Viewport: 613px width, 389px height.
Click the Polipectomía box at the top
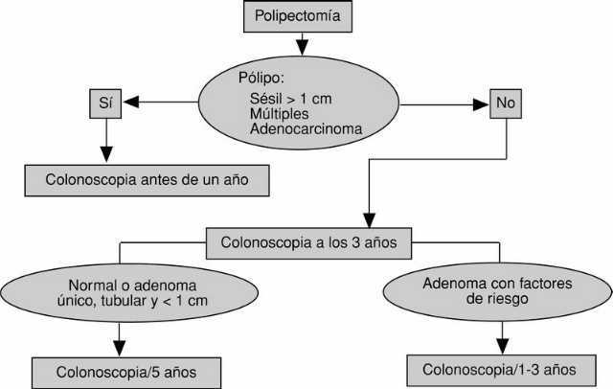pos(304,16)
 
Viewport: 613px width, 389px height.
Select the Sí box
pos(105,102)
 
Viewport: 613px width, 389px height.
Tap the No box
pos(504,102)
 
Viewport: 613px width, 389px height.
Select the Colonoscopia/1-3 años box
pos(500,369)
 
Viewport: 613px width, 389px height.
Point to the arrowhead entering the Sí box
pos(131,102)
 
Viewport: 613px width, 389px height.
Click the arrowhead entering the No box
pos(483,102)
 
